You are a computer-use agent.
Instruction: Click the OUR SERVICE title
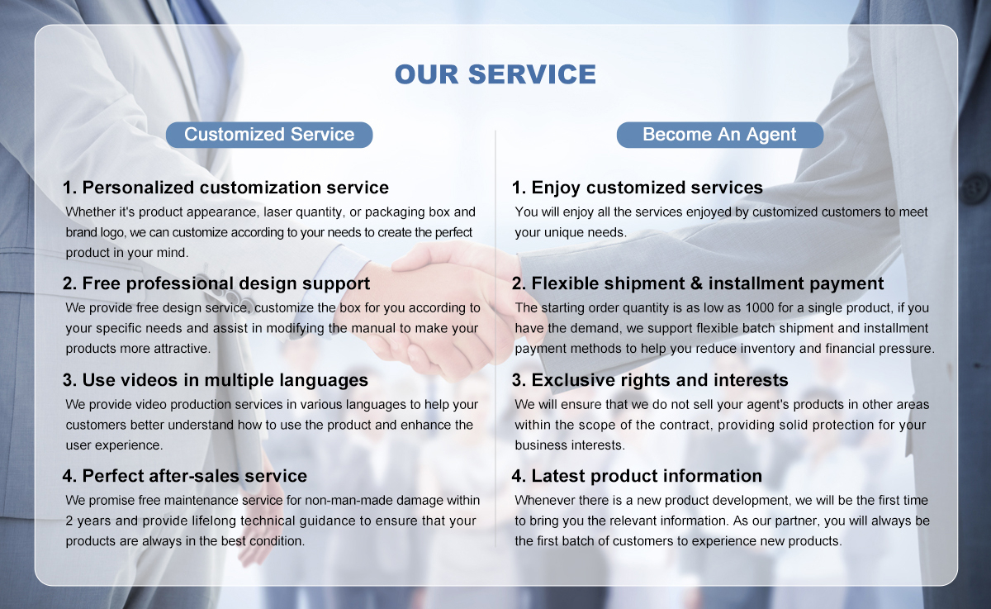(x=495, y=74)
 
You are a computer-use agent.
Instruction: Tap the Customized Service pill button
(x=269, y=135)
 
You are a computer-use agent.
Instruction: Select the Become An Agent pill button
(x=720, y=135)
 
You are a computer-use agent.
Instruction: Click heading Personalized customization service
(x=225, y=188)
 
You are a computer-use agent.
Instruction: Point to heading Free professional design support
(x=216, y=283)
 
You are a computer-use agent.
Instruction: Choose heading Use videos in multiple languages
(x=216, y=380)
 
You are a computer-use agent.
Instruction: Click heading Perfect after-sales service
(x=185, y=476)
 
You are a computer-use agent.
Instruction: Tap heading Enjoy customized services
(x=638, y=188)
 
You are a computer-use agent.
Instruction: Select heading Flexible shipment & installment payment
(x=698, y=283)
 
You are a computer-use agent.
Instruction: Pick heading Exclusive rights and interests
(x=650, y=380)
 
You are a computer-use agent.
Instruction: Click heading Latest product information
(x=637, y=476)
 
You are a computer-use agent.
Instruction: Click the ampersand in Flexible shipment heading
(x=697, y=283)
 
